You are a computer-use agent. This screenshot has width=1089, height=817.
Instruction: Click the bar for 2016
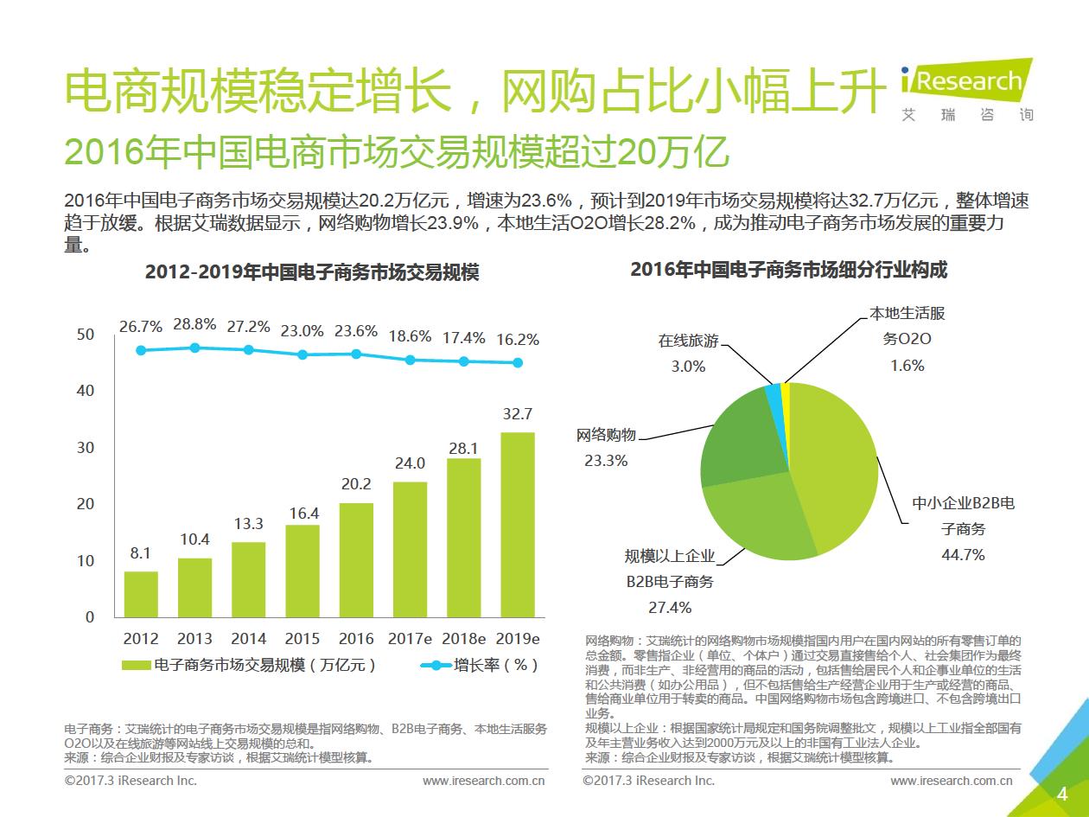click(356, 559)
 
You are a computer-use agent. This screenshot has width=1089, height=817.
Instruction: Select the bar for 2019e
click(518, 524)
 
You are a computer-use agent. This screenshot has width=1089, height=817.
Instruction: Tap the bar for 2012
click(141, 594)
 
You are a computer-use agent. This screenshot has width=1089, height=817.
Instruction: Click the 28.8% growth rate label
click(194, 325)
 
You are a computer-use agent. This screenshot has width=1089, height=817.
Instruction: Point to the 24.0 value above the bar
click(410, 463)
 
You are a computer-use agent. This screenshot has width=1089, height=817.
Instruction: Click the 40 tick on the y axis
click(86, 391)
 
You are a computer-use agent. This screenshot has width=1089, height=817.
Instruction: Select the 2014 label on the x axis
click(249, 639)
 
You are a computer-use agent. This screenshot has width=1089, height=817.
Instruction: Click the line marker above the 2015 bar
click(302, 354)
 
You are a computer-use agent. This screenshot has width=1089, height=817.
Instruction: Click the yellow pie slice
click(786, 393)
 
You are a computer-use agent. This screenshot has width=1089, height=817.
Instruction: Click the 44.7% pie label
click(963, 555)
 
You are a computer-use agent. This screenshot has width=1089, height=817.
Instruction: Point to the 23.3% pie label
click(606, 461)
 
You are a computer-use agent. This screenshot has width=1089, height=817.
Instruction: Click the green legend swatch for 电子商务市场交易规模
click(136, 665)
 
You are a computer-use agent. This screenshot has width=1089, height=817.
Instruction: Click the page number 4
click(1062, 795)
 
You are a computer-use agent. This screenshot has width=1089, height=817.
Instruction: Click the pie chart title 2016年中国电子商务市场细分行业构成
click(788, 270)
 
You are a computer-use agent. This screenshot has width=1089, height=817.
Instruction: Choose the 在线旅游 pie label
click(688, 341)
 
